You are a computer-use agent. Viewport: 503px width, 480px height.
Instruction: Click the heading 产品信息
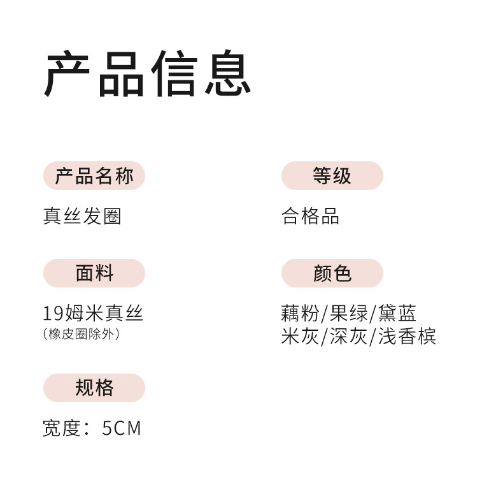[147, 75]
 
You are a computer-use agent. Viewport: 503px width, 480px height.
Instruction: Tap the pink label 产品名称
[94, 176]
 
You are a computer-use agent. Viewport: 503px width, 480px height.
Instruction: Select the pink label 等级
[332, 176]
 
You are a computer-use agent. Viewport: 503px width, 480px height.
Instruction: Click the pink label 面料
[94, 273]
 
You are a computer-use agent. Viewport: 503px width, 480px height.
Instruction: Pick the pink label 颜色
[332, 273]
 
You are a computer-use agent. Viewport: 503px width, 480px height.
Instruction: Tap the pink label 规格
[94, 388]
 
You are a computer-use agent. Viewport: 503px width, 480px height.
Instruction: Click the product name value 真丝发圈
[82, 217]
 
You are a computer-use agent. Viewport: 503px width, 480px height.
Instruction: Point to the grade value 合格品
[310, 217]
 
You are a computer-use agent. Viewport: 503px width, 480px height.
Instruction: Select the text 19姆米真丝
[93, 314]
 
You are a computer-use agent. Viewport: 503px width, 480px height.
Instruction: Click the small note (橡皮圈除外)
[81, 333]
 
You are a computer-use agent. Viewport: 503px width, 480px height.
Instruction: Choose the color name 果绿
[349, 314]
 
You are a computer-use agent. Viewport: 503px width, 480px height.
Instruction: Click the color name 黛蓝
[397, 314]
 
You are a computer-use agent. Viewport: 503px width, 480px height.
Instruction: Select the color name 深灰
[349, 336]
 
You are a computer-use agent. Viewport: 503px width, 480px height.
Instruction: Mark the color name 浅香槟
[407, 336]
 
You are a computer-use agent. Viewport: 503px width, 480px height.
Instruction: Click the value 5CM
[122, 428]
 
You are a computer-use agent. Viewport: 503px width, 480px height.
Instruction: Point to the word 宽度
[62, 428]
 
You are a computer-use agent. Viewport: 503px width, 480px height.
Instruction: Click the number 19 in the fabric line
[52, 314]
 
